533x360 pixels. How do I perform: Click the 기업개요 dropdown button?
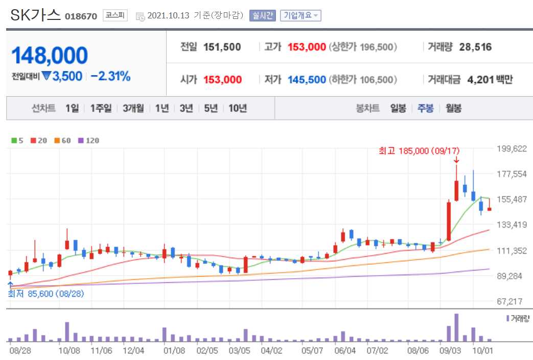[300, 15]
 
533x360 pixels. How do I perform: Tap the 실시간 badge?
[263, 15]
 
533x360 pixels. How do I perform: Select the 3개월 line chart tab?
[133, 108]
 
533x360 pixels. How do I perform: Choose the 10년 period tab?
[238, 108]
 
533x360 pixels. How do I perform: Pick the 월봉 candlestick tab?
[453, 108]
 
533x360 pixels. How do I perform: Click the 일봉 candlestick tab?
[398, 108]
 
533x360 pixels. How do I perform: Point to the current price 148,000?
[50, 55]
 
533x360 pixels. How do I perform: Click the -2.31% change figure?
[111, 77]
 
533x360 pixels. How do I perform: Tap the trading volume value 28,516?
[475, 47]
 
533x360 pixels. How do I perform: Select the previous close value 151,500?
[222, 47]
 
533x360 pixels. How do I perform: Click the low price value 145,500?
[307, 80]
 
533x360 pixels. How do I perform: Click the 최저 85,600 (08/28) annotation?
[46, 294]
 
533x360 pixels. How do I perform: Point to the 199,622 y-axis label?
[512, 149]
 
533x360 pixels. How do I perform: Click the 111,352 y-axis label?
[512, 251]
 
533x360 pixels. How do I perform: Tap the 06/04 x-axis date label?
[345, 351]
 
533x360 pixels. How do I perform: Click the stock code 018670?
[81, 16]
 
